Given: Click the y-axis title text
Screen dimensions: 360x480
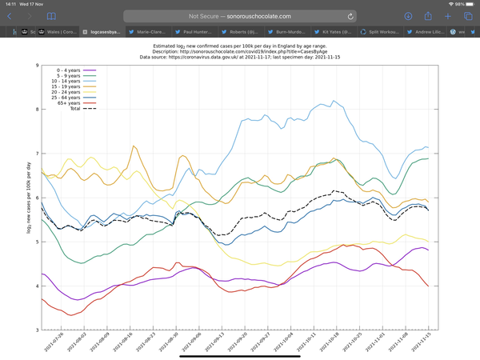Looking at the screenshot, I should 29,198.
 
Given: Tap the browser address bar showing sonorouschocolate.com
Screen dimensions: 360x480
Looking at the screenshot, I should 240,16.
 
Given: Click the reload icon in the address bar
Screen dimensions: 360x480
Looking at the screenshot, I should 350,16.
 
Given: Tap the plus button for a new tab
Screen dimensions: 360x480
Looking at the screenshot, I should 448,16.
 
